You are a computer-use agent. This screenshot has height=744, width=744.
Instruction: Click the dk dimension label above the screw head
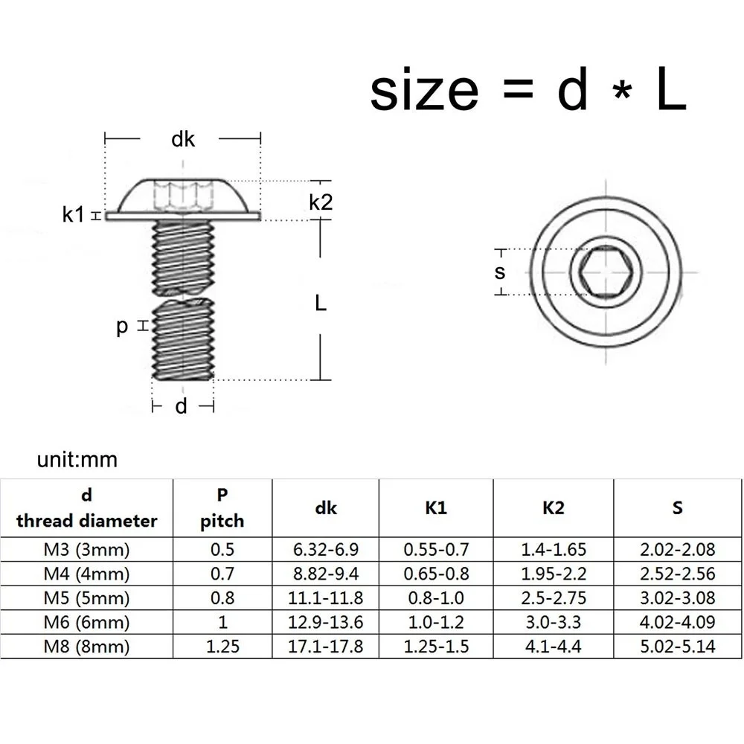point(183,138)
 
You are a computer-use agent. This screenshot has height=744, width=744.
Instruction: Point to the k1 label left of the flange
point(74,215)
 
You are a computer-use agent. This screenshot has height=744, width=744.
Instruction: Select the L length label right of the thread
point(321,302)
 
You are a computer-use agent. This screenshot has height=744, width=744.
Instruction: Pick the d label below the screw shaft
point(182,406)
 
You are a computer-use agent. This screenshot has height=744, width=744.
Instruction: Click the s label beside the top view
point(500,272)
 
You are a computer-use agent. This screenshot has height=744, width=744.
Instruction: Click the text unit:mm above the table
point(77,459)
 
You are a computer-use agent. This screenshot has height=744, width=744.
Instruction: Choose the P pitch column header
point(222,507)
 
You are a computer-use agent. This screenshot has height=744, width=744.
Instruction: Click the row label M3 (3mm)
point(86,550)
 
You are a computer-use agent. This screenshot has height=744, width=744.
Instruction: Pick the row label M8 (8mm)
point(86,646)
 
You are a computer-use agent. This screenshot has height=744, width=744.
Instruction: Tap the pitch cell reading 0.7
point(222,574)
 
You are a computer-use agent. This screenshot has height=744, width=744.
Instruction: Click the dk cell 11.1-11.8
point(325,597)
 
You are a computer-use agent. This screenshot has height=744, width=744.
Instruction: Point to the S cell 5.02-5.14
point(677,646)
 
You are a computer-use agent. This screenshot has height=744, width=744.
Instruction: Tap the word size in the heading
point(425,90)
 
